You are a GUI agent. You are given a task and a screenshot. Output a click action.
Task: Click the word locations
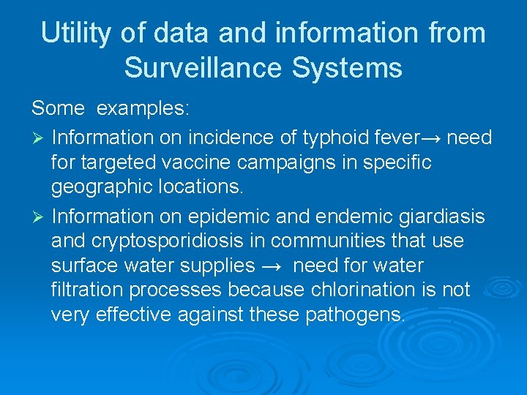click(x=201, y=187)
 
